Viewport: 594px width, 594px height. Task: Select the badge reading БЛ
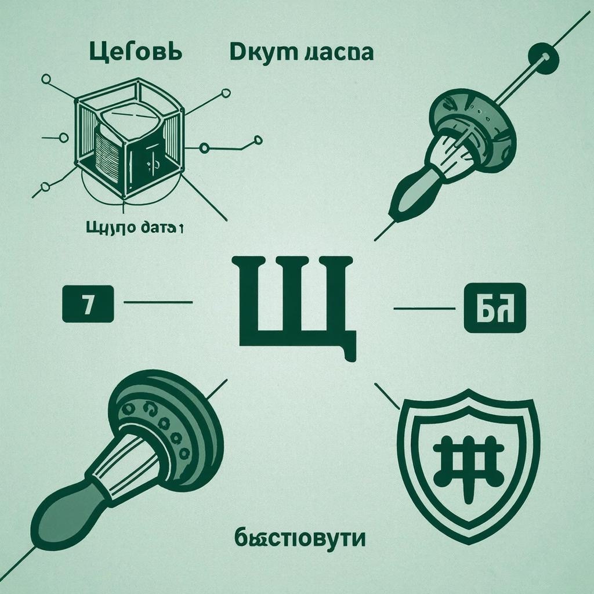click(495, 308)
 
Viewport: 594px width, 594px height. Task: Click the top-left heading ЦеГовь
click(136, 52)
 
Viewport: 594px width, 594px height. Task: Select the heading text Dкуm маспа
click(301, 52)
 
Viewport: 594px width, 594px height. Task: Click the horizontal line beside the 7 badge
click(158, 302)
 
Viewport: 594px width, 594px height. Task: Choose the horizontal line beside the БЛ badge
click(423, 308)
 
